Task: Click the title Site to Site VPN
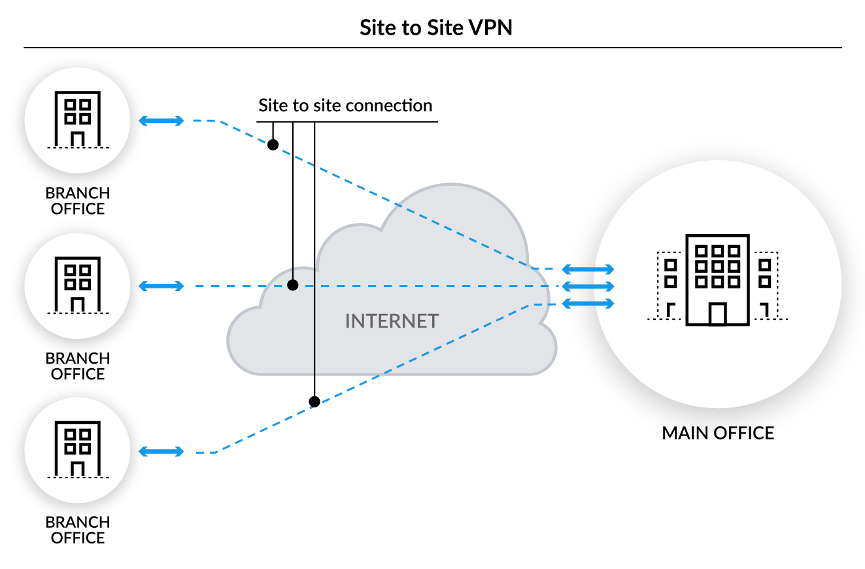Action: (x=432, y=28)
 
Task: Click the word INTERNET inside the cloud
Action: (x=392, y=321)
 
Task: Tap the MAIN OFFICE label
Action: (x=718, y=433)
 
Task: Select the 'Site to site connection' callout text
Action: (x=345, y=106)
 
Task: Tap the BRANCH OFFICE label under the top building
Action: (x=78, y=201)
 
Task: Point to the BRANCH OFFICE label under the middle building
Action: (x=78, y=366)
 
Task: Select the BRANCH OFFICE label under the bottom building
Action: (x=78, y=530)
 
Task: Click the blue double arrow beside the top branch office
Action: (x=161, y=120)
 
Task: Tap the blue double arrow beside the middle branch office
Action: (x=161, y=286)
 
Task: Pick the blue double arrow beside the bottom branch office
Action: (x=161, y=451)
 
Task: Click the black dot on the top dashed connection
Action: (x=273, y=144)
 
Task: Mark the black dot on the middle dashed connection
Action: (x=293, y=285)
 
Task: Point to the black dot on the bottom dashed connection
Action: (x=314, y=402)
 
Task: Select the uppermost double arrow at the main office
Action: (x=588, y=269)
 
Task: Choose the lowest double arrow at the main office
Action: (x=588, y=303)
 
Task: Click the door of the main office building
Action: (x=717, y=314)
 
